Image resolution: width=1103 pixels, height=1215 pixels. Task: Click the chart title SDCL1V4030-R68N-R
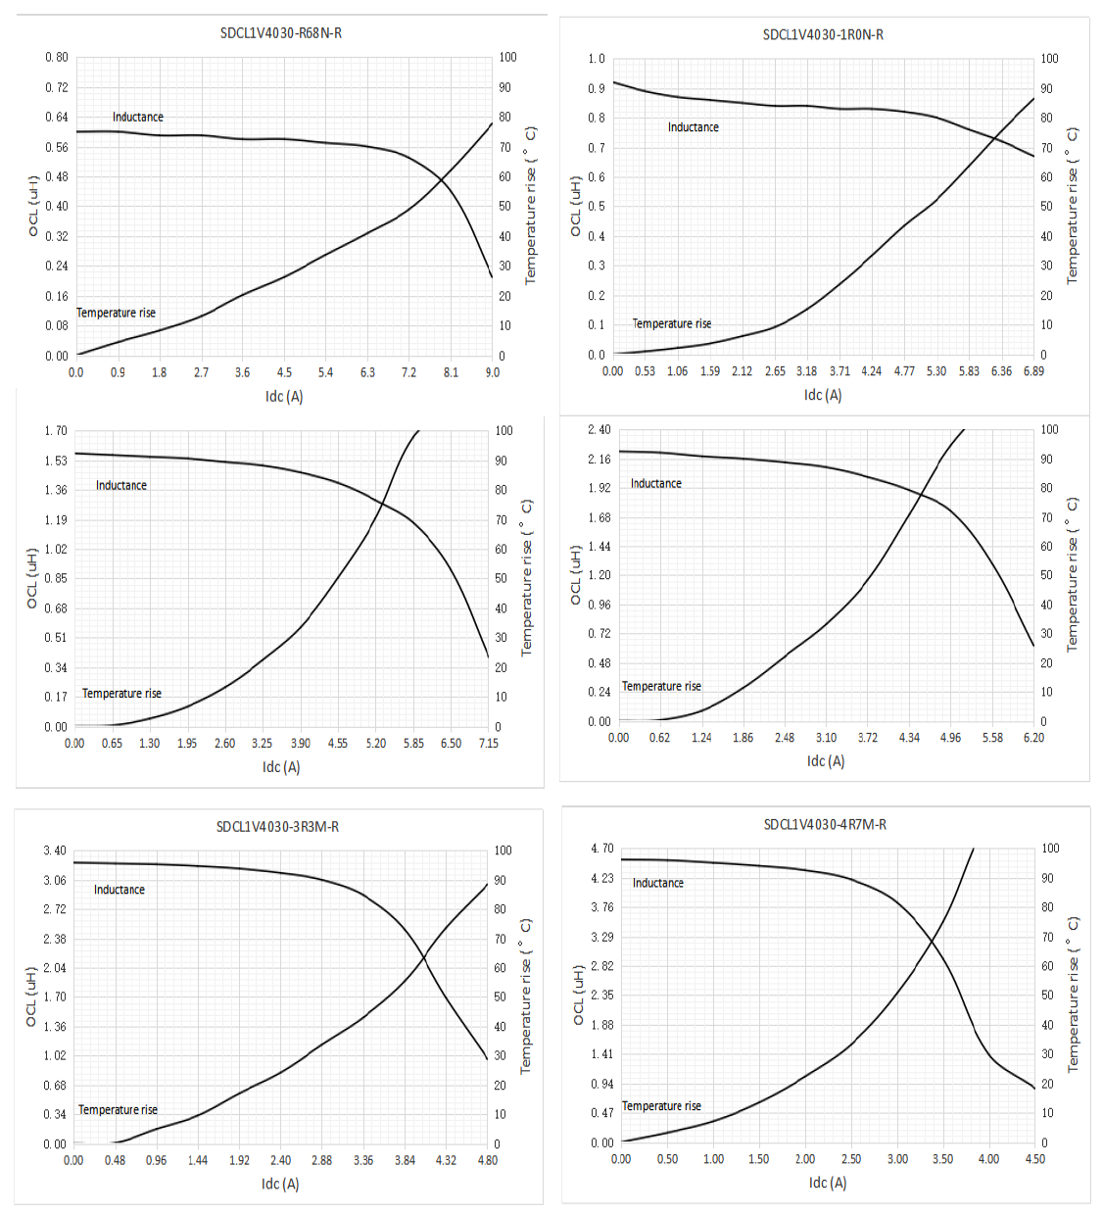pyautogui.click(x=281, y=33)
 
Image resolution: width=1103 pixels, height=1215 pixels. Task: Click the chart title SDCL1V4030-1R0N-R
pyautogui.click(x=823, y=35)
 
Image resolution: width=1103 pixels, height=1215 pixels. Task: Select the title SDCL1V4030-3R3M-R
pyautogui.click(x=277, y=827)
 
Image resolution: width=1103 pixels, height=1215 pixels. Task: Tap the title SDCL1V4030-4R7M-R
pyautogui.click(x=825, y=825)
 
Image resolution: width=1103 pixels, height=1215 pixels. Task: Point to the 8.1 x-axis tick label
pyautogui.click(x=451, y=373)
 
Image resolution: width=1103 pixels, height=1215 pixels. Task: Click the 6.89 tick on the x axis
pyautogui.click(x=1033, y=371)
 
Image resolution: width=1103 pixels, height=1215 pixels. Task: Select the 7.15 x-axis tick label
pyautogui.click(x=488, y=744)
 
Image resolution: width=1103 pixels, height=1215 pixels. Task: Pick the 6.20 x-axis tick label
pyautogui.click(x=1033, y=738)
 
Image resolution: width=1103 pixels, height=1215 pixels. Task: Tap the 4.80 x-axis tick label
pyautogui.click(x=487, y=1161)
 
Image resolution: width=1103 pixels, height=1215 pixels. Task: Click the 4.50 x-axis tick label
pyautogui.click(x=1034, y=1159)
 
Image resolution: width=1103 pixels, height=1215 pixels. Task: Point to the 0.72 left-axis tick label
pyautogui.click(x=56, y=88)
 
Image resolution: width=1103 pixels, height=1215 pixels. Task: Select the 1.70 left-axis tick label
pyautogui.click(x=56, y=431)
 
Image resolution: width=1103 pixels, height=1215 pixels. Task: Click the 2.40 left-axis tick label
pyautogui.click(x=599, y=430)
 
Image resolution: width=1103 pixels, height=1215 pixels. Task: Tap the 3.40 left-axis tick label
pyautogui.click(x=55, y=850)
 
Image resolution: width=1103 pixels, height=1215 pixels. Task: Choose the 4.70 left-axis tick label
pyautogui.click(x=601, y=849)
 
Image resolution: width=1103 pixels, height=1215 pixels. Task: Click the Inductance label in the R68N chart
pyautogui.click(x=137, y=118)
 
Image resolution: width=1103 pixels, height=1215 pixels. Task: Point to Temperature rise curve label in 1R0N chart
pyautogui.click(x=671, y=324)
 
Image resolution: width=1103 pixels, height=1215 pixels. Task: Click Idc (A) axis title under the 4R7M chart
pyautogui.click(x=828, y=1183)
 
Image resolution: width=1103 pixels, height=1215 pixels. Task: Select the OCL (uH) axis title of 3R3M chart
pyautogui.click(x=31, y=997)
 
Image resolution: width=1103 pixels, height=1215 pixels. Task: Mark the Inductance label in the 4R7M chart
pyautogui.click(x=657, y=884)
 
